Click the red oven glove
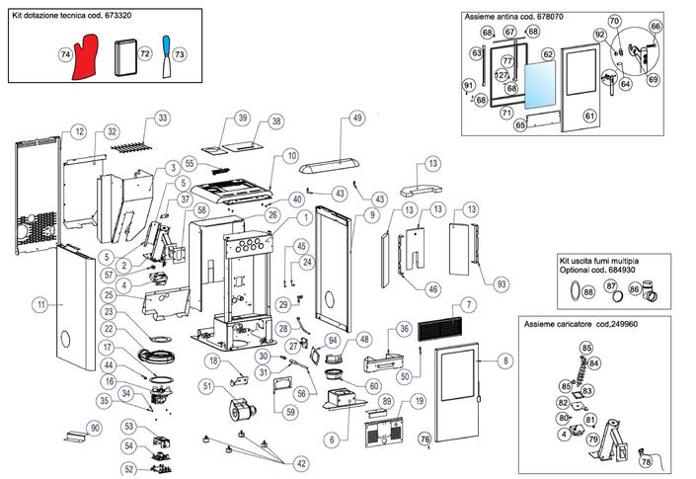tap(85, 57)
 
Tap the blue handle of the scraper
tap(167, 45)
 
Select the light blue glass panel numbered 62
tap(540, 85)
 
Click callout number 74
tap(65, 54)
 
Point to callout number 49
tap(357, 119)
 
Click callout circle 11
tap(41, 305)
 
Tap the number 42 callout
tap(301, 463)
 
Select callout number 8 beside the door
tap(505, 360)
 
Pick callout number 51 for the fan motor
tap(207, 386)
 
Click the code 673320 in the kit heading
tap(118, 15)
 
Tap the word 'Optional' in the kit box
tap(575, 270)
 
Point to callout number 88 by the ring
tap(588, 291)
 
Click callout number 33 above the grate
tap(163, 119)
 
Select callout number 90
tap(95, 428)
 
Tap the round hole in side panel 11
tap(65, 340)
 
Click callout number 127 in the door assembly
tap(502, 75)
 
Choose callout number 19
tap(419, 401)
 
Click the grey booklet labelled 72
tap(125, 57)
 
